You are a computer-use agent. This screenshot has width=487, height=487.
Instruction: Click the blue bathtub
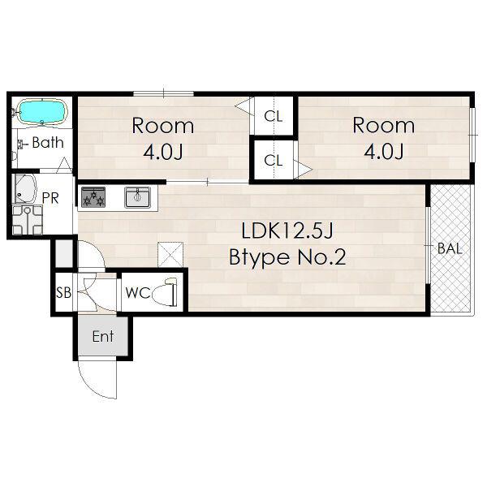42,112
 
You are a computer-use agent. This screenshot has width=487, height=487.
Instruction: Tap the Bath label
48,143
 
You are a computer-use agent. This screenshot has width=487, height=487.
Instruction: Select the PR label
50,198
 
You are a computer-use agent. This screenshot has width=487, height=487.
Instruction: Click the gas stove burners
93,197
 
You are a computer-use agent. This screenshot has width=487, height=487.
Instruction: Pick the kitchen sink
138,197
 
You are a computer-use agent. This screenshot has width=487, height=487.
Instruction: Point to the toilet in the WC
165,292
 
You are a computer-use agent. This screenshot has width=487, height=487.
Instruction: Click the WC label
138,292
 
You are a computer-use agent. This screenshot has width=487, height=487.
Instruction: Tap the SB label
63,292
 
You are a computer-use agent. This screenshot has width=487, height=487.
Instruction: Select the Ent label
103,336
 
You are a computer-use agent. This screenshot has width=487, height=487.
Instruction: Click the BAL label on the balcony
450,248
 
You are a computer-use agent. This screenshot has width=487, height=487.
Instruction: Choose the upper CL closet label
274,116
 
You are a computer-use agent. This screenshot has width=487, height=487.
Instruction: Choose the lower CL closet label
274,161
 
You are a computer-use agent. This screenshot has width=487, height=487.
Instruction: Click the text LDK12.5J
287,231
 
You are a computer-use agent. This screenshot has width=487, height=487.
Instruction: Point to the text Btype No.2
287,257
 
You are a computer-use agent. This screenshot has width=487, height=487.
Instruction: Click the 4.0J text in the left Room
163,152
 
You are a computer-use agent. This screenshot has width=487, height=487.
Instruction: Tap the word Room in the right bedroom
384,126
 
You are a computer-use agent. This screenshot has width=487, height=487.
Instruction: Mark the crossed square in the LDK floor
170,254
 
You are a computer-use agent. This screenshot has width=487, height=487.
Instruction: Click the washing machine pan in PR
28,220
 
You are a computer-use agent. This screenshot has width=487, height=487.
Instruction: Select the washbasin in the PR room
24,188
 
